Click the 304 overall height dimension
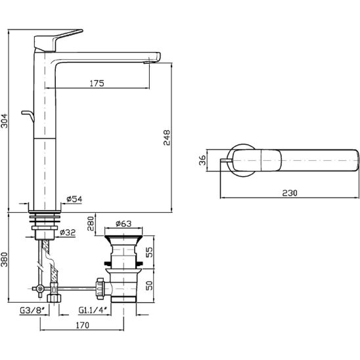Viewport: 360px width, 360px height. [x=5, y=121]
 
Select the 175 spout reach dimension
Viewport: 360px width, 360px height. [x=97, y=83]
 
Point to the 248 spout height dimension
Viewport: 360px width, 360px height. [x=167, y=137]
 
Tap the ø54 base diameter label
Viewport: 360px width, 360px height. [x=74, y=199]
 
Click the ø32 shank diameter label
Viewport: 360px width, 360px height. [x=68, y=233]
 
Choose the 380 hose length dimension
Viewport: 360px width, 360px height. [x=5, y=259]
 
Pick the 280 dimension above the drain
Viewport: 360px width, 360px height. [x=91, y=223]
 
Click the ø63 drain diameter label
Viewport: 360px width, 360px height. [x=124, y=223]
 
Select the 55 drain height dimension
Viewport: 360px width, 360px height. [x=149, y=252]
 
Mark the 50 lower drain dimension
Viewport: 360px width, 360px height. [x=149, y=285]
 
